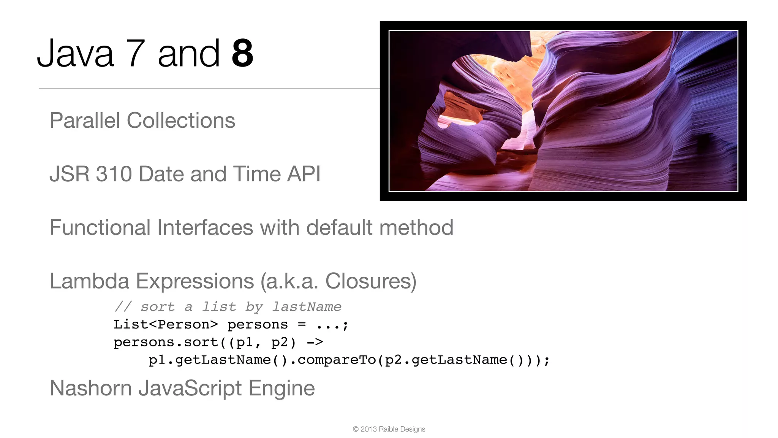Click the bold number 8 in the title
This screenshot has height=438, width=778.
pos(242,54)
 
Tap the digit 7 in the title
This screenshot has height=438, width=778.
pos(136,54)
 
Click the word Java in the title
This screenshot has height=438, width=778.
pos(75,54)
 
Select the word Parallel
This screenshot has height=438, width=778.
pos(85,121)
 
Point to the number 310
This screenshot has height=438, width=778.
pos(114,174)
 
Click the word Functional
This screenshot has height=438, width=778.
pos(100,228)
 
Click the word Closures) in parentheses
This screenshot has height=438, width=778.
pos(371,281)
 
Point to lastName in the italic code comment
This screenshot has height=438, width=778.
pos(307,306)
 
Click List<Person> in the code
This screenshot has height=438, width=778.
pos(166,325)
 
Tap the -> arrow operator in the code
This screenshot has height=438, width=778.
pos(315,342)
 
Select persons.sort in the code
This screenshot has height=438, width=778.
pos(166,342)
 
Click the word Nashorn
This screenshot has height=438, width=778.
pos(90,389)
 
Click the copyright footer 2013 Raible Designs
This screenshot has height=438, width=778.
pos(389,429)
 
